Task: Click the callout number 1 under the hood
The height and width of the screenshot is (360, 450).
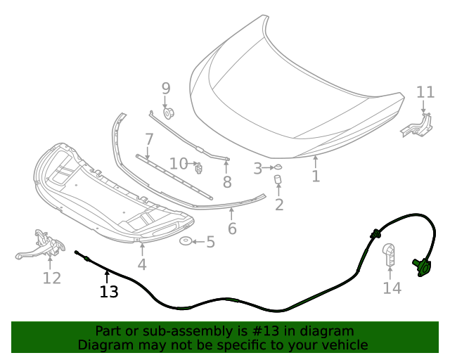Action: coord(316,176)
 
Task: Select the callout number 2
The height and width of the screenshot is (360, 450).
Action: coord(279,205)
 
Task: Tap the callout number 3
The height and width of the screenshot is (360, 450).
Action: coord(258,169)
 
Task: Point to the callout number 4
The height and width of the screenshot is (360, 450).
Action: coord(142,264)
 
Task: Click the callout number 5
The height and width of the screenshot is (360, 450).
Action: coord(210,243)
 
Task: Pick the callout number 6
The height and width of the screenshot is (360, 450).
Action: coord(232,229)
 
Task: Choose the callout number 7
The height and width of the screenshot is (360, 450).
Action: coord(149,139)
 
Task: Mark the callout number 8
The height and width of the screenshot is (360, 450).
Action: coord(227,183)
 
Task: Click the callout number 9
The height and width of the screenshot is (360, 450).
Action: coord(166,89)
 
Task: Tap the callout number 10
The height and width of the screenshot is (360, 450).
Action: coord(179,164)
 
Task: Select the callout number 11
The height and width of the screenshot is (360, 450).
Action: coord(425,92)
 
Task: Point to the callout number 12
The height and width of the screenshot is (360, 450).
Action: coord(51,278)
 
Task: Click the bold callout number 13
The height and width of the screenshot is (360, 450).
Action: coord(109,291)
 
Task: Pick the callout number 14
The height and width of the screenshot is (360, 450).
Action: coord(392,287)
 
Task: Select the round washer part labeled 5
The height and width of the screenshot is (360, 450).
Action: coord(186,242)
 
